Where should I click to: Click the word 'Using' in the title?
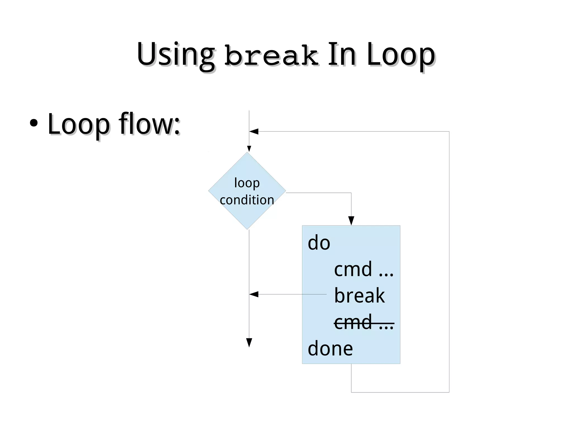pos(175,54)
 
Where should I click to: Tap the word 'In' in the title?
pos(342,54)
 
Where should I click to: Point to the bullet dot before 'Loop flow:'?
pos(34,123)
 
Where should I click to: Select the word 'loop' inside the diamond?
pos(247,183)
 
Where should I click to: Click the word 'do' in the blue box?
pos(319,243)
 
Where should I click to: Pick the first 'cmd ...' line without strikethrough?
pos(363,269)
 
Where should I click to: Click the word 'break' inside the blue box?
pos(359,296)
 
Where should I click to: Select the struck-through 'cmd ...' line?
pos(363,322)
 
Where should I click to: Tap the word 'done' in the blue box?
pos(330,349)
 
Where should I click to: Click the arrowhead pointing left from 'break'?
pos(254,294)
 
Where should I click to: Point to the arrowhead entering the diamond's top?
pos(249,149)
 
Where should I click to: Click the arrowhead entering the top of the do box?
pos(351,221)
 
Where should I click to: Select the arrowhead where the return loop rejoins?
pos(254,131)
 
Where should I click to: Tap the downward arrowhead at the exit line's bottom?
pos(249,343)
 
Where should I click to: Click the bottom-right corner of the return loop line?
pos(449,392)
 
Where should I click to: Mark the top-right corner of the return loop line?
pos(449,131)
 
